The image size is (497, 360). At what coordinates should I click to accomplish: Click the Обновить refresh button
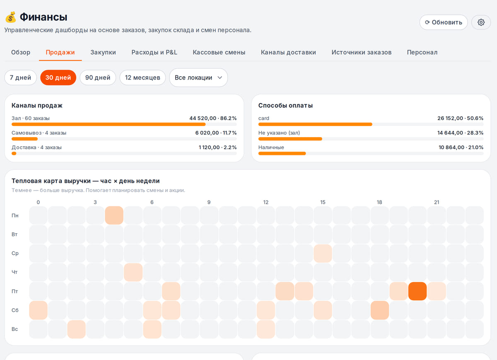[x=443, y=22]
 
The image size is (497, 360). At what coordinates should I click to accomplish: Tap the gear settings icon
[x=481, y=22]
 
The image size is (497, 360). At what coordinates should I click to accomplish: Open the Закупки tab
[x=103, y=52]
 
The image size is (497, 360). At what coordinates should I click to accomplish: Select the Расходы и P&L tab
[x=154, y=52]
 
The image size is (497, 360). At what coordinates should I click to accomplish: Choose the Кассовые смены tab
[x=219, y=52]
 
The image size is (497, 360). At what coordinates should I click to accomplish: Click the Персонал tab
[x=422, y=52]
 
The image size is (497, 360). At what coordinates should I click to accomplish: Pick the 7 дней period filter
[x=20, y=77]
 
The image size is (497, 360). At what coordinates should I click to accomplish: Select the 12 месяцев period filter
[x=142, y=77]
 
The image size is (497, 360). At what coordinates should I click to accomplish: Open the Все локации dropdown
[x=198, y=77]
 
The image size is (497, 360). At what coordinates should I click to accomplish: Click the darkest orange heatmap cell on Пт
[x=417, y=291]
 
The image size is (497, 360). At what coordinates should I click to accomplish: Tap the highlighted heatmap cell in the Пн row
[x=114, y=215]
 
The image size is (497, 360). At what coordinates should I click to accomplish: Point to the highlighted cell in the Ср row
[x=323, y=253]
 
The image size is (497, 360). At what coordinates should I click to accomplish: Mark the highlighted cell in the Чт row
[x=133, y=272]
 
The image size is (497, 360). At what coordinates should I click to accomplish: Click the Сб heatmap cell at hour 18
[x=380, y=310]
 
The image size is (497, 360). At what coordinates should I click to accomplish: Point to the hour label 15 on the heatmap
[x=323, y=202]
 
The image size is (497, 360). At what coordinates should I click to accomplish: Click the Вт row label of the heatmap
[x=14, y=234]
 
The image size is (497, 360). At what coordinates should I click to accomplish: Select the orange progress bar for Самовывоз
[x=24, y=139]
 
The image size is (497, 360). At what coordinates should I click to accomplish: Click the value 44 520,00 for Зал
[x=203, y=118]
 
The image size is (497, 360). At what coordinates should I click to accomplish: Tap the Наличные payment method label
[x=271, y=147]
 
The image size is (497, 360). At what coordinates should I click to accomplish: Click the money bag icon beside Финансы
[x=11, y=17]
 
